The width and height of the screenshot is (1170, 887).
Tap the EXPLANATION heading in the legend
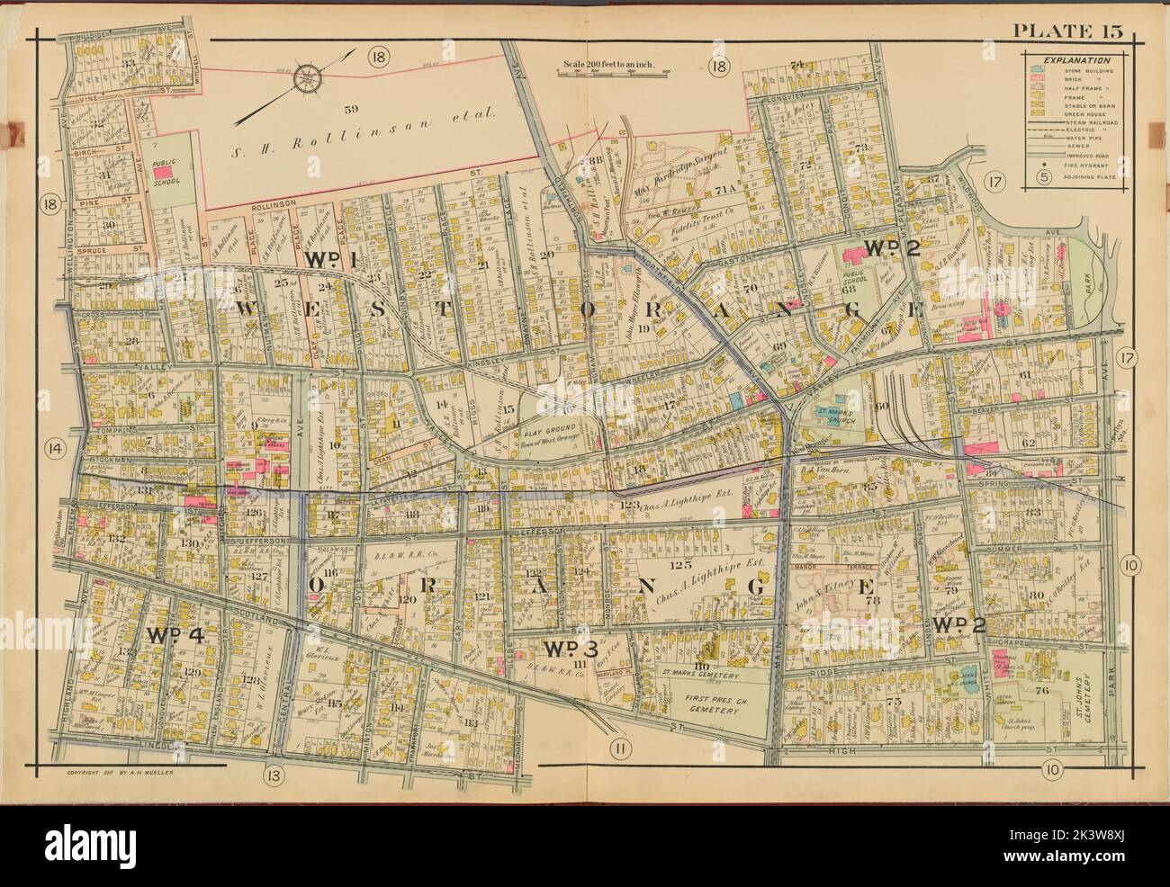[x=1075, y=60]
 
